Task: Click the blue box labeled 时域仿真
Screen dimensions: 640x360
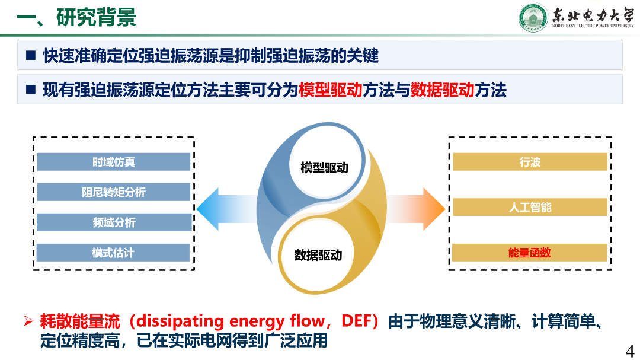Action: coord(113,162)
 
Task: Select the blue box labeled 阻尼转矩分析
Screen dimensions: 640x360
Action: coord(113,192)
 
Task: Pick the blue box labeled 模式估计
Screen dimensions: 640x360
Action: coord(113,253)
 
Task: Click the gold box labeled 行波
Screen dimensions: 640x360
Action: coord(530,162)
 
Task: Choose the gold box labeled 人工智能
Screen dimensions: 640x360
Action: coord(530,207)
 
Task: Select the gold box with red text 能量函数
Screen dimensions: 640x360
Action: coord(529,253)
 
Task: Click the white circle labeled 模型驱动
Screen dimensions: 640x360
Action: coord(325,167)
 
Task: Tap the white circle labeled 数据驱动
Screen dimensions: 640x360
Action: coord(318,256)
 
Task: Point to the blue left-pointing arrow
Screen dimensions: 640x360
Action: coord(227,209)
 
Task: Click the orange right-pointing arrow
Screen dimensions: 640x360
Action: coord(415,209)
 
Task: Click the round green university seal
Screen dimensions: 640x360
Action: coord(533,18)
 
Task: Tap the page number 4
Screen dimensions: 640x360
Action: coord(630,351)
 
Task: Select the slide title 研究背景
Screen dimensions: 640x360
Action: coord(97,18)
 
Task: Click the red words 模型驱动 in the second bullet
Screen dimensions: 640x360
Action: coord(331,90)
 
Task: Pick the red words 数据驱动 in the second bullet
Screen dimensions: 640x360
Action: coord(443,90)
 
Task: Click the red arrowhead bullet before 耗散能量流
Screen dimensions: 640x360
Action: coord(28,321)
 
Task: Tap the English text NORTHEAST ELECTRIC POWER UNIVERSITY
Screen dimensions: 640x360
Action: coord(593,26)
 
